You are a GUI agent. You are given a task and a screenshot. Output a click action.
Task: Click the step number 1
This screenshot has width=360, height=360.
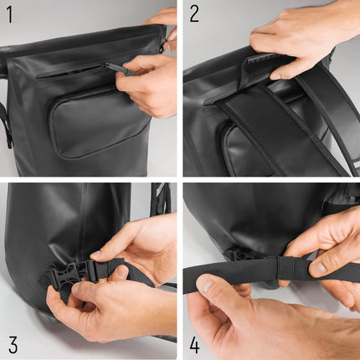click(x=10, y=15)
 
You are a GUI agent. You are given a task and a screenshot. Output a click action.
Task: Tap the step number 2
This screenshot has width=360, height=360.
click(x=194, y=15)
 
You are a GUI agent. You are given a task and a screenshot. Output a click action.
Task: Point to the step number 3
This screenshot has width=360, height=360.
click(x=13, y=345)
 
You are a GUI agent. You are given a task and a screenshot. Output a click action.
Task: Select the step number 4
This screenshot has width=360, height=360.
click(x=194, y=345)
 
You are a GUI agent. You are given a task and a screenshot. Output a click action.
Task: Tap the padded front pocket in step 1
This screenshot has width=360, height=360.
click(x=98, y=123)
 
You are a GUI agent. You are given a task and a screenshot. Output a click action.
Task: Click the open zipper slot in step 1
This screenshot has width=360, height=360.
click(x=71, y=73)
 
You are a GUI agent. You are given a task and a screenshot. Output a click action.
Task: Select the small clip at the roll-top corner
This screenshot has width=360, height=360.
click(x=163, y=45)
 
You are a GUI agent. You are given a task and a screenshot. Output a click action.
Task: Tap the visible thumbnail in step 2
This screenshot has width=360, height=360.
click(x=276, y=76)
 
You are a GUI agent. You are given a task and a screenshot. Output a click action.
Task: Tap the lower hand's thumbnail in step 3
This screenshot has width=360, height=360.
click(x=77, y=288)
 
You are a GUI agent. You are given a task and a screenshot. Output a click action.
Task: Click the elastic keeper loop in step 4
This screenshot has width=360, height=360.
click(x=285, y=268)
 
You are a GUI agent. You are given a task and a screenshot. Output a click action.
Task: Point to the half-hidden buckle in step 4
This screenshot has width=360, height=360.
click(x=240, y=255)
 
